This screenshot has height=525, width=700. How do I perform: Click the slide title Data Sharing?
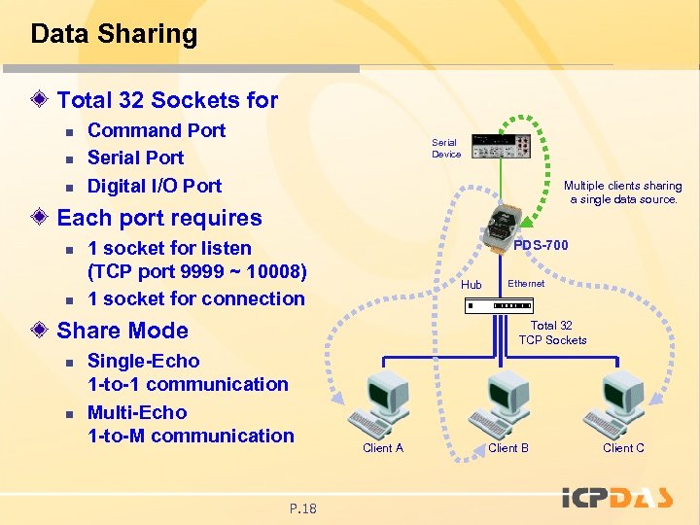pos(114,34)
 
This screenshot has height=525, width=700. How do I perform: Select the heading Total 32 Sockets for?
pos(167,100)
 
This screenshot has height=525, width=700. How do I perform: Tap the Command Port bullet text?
pos(156,130)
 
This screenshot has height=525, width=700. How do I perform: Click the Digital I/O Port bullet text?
pos(154,186)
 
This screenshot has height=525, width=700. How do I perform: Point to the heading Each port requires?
pos(159,218)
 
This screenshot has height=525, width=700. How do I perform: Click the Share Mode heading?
pos(122,330)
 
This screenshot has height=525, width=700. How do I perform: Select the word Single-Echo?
pos(143,361)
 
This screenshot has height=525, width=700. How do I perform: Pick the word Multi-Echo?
pos(137,412)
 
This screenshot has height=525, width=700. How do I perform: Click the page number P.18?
pos(303,507)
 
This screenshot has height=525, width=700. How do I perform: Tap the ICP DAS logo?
pos(616,497)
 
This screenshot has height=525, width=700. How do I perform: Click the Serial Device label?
pos(446,148)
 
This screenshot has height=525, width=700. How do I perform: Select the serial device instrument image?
pos(501,146)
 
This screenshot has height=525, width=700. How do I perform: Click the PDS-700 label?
pos(542,245)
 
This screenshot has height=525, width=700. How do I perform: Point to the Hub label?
pos(472,285)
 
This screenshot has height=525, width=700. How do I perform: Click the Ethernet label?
pos(526,283)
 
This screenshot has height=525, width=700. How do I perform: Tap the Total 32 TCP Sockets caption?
pos(552,332)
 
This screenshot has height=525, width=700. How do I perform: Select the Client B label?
pos(508,448)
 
